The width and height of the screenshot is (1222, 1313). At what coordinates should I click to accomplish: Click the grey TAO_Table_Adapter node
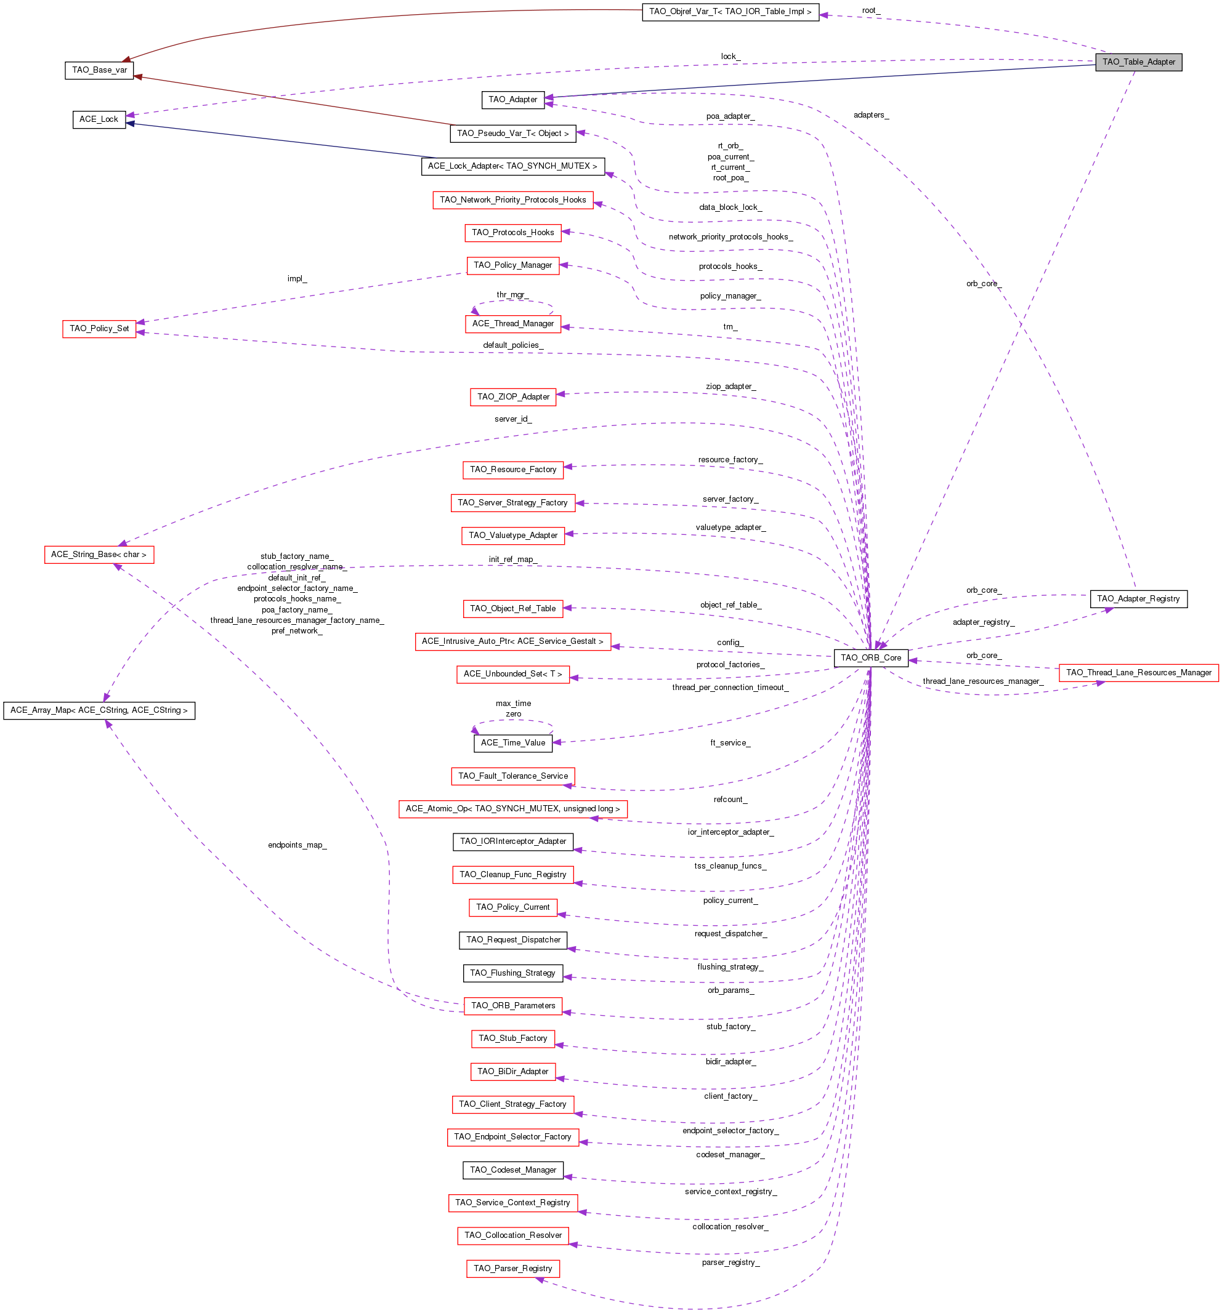tap(1138, 62)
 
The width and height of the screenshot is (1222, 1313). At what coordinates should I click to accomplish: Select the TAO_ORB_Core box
tap(870, 658)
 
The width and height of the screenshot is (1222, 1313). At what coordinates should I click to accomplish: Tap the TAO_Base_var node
tap(99, 70)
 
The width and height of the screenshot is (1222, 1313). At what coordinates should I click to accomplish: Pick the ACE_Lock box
tap(99, 119)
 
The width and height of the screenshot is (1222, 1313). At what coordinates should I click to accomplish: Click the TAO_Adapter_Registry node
tap(1138, 599)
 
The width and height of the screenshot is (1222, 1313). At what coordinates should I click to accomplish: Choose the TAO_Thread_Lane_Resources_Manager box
tap(1138, 673)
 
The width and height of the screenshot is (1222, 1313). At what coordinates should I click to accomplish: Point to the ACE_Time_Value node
tap(513, 743)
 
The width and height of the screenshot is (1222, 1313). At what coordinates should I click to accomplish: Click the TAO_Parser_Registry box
tap(513, 1269)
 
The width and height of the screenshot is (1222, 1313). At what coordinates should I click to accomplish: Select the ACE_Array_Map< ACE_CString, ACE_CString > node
tap(99, 710)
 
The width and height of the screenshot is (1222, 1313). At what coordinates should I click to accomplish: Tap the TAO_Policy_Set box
tap(99, 329)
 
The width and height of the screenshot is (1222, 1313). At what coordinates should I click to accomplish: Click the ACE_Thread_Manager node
tap(513, 324)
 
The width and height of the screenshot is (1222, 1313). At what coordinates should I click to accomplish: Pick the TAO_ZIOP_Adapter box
tap(513, 397)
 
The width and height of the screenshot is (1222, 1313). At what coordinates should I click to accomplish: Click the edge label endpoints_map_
tap(297, 845)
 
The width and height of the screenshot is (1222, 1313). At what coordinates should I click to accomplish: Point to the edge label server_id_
tap(513, 419)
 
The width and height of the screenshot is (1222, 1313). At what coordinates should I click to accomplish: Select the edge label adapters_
tap(870, 116)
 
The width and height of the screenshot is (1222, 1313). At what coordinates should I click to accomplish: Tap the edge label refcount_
tap(730, 800)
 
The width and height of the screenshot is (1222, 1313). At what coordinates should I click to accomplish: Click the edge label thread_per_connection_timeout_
tap(730, 688)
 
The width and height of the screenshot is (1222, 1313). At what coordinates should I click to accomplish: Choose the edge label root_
tap(870, 10)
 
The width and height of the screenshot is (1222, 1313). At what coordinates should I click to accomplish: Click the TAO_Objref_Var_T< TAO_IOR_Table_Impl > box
tap(730, 12)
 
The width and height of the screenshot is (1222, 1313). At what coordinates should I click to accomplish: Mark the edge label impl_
tap(297, 279)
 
